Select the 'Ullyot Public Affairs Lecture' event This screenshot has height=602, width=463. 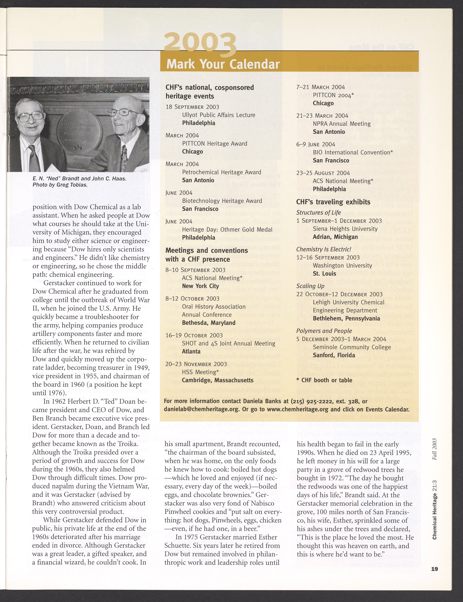coord(219,115)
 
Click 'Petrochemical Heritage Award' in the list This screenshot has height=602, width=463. coord(222,172)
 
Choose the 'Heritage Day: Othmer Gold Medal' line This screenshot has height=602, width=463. coord(227,230)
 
